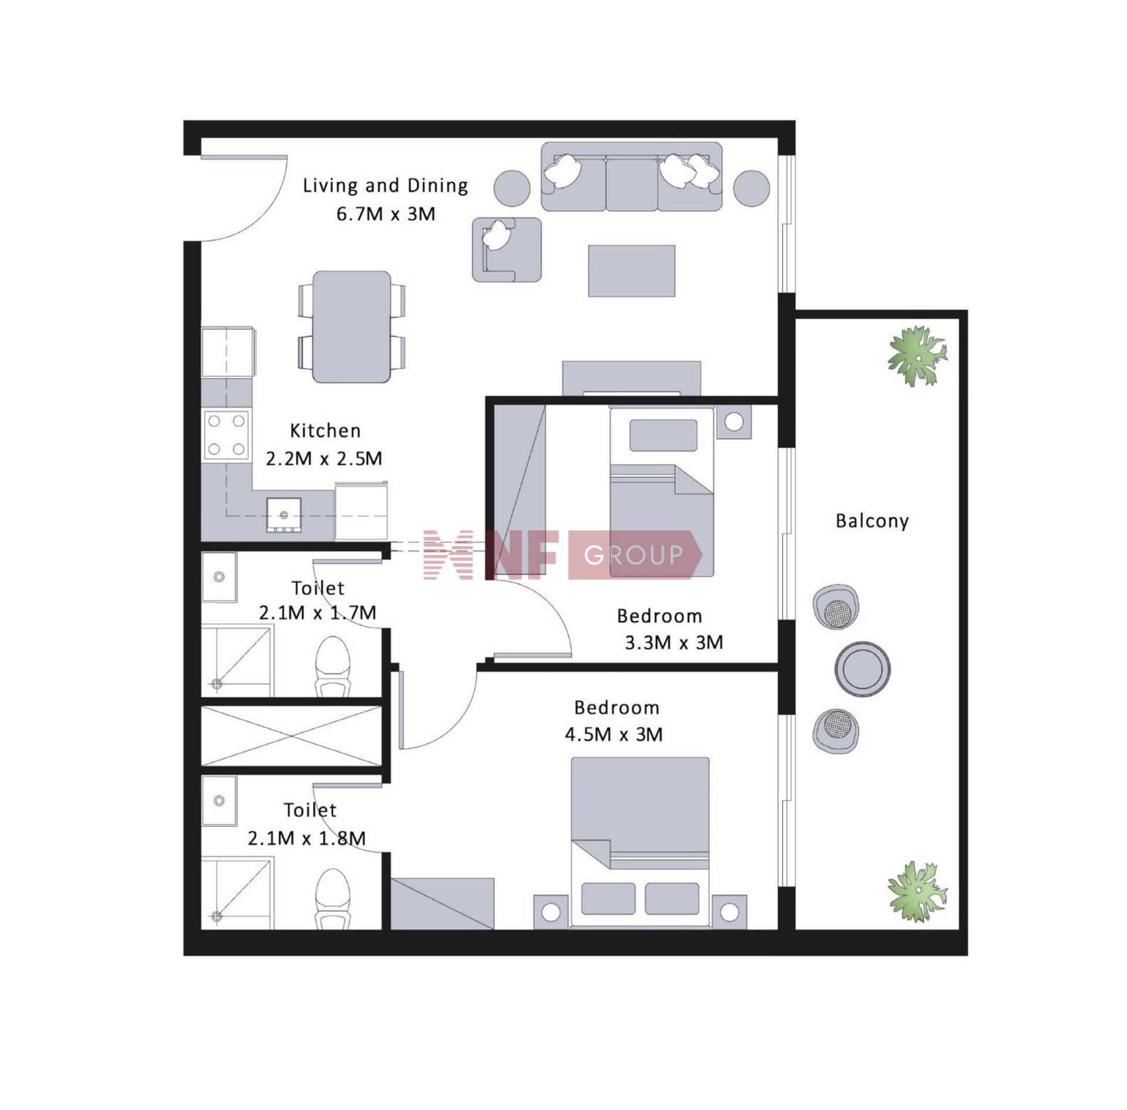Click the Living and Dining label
click(x=385, y=186)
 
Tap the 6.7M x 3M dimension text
click(x=386, y=214)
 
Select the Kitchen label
click(x=325, y=431)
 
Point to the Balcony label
click(x=872, y=521)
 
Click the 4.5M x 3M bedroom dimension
click(x=613, y=734)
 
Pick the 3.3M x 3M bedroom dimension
click(x=674, y=643)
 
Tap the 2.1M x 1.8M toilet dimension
click(x=306, y=838)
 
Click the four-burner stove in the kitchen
click(x=227, y=435)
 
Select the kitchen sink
click(x=284, y=515)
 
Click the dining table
click(x=352, y=326)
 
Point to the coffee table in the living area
click(x=632, y=271)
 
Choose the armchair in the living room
click(x=507, y=249)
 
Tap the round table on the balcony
click(x=862, y=669)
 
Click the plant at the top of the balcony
click(x=917, y=356)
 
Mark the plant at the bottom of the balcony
click(x=917, y=891)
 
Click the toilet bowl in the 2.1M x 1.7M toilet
click(x=332, y=666)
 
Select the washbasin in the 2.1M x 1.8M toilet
click(x=219, y=801)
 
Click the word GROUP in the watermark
click(x=634, y=555)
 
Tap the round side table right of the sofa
click(x=751, y=188)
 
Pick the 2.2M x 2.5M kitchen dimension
click(x=324, y=458)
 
